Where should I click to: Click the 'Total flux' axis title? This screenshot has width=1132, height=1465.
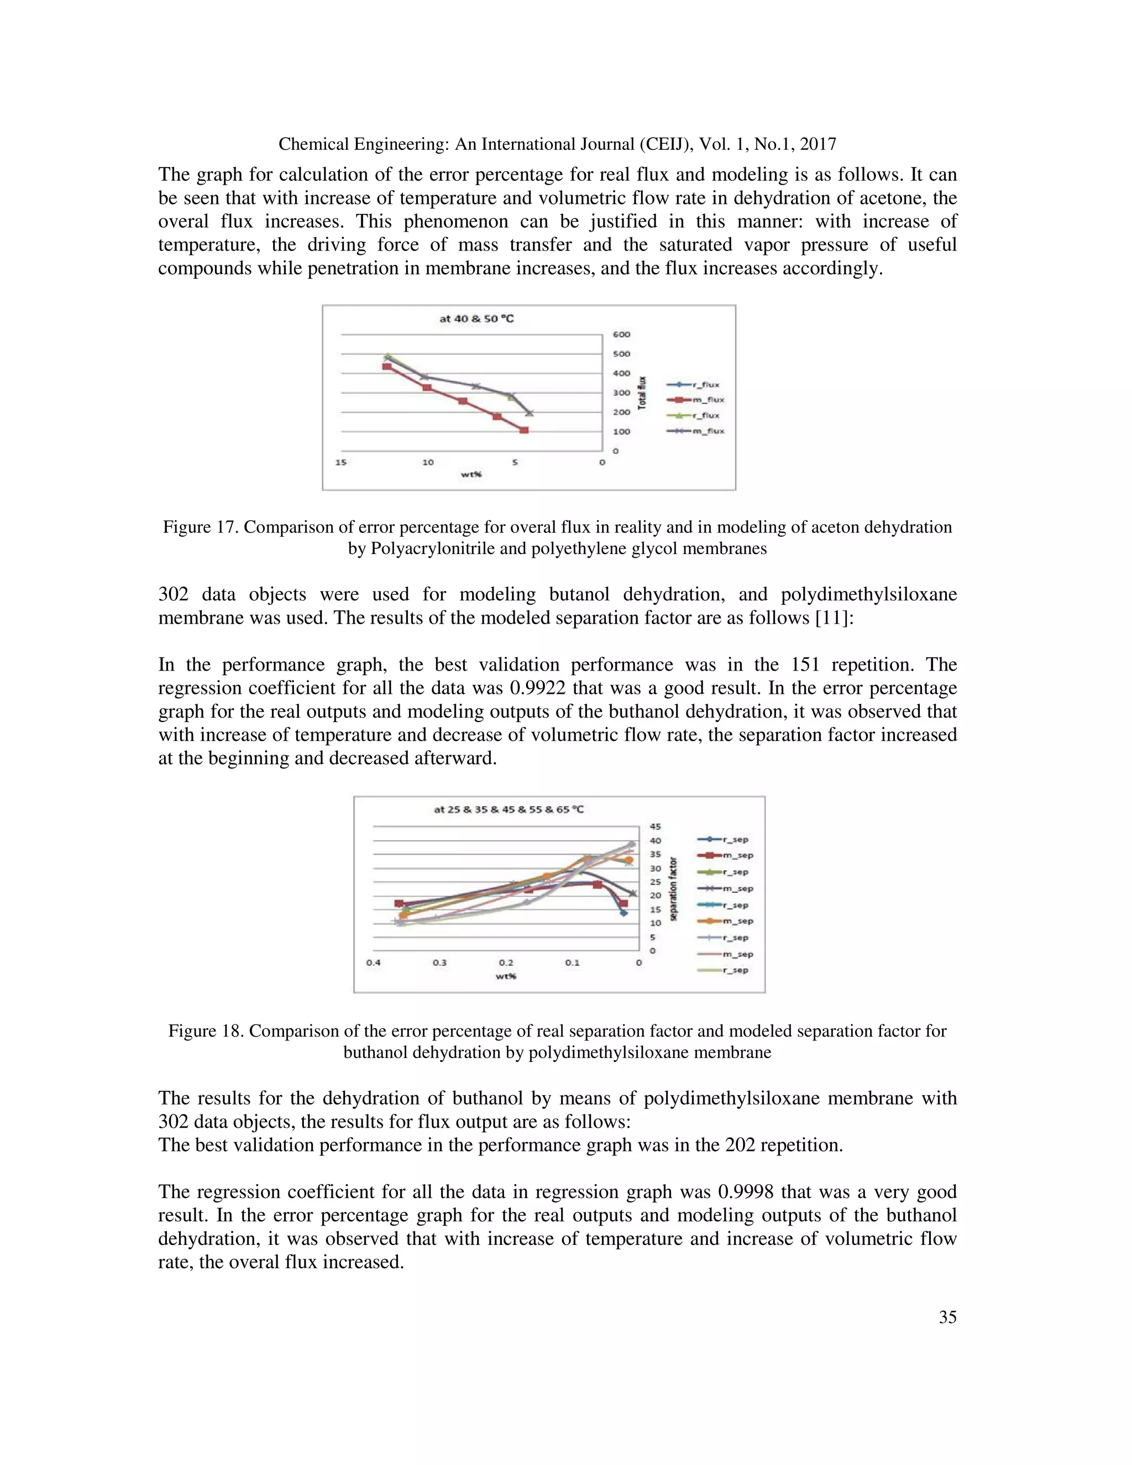click(x=642, y=393)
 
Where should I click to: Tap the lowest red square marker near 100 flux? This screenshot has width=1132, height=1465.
click(x=524, y=430)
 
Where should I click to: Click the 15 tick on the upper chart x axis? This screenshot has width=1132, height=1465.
click(x=340, y=462)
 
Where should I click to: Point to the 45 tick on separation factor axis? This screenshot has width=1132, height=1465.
click(x=655, y=826)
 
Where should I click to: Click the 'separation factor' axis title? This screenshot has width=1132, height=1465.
click(x=674, y=889)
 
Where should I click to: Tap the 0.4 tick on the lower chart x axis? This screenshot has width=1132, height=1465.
click(x=373, y=962)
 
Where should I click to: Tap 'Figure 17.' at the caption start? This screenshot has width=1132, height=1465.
click(x=201, y=527)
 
